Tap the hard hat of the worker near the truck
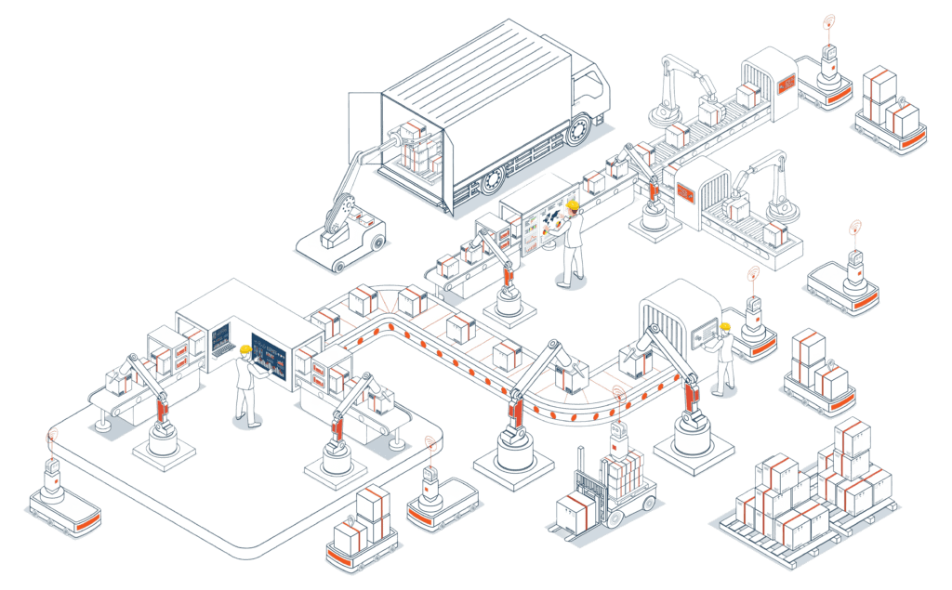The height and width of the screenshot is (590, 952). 574,204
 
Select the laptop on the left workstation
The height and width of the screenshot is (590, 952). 222,340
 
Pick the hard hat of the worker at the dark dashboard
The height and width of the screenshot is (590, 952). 245,349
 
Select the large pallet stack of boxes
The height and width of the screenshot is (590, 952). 809,492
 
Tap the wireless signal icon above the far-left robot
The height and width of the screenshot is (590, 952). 53,433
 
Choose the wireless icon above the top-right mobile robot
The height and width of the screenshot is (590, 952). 827,20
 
